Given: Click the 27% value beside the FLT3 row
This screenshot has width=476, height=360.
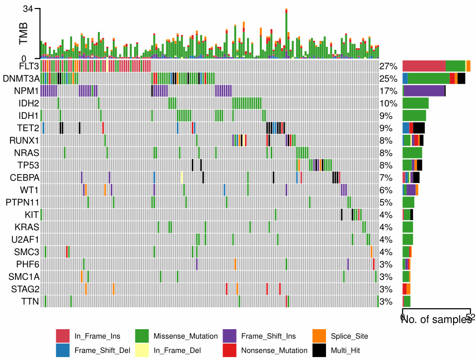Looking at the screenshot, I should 388,67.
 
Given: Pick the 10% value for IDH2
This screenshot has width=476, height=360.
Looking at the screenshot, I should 388,103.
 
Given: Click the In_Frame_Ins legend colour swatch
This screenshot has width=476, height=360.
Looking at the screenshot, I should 63,336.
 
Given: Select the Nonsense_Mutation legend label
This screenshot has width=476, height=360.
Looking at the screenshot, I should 274,351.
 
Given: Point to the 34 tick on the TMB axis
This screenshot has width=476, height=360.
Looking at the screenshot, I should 28,9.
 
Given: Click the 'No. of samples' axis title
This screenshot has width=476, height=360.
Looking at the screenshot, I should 436,320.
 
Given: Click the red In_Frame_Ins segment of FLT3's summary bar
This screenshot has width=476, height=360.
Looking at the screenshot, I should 424,66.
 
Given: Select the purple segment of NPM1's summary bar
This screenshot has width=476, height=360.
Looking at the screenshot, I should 424,90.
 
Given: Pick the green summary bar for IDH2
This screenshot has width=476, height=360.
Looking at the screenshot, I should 415,103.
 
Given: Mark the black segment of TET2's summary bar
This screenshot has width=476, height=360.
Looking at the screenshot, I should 419,128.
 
